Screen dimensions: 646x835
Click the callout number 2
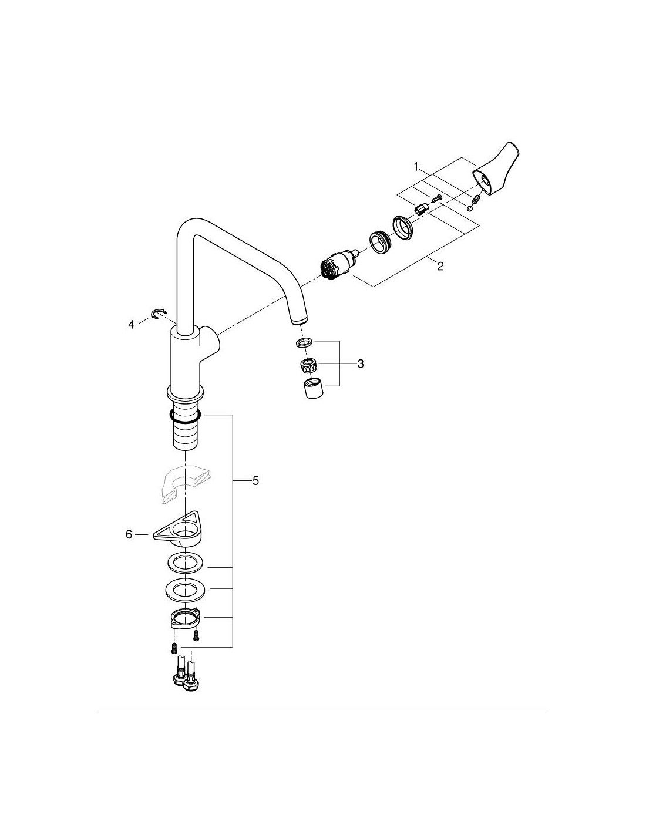coord(440,266)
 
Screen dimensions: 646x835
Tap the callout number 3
coord(361,363)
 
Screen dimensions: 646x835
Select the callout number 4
coord(132,325)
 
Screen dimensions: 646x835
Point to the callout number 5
coord(255,480)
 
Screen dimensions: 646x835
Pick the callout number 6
coord(129,534)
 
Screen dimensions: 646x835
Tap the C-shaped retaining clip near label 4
coord(159,314)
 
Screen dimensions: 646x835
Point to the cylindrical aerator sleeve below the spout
coord(313,389)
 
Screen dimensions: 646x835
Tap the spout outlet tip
coord(300,321)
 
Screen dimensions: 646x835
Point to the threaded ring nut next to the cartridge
coord(381,242)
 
